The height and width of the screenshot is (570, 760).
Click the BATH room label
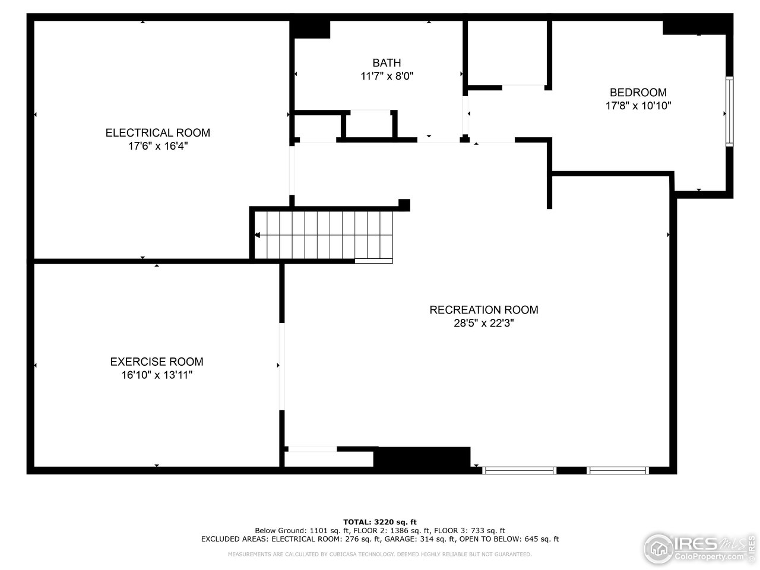[x=387, y=62]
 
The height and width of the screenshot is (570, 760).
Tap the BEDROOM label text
[x=638, y=92]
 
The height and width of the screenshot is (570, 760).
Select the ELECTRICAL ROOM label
[x=157, y=132]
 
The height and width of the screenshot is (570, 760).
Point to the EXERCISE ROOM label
[x=157, y=362]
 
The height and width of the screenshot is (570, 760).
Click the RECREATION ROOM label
[x=483, y=309]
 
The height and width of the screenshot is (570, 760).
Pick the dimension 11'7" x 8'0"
[x=387, y=76]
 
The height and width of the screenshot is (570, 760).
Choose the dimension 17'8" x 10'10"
[x=638, y=106]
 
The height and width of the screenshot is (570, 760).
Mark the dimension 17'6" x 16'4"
[x=157, y=146]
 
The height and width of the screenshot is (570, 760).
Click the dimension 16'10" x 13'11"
[x=157, y=375]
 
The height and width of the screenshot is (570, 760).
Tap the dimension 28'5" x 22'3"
[x=483, y=323]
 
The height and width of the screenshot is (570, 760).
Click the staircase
[x=324, y=235]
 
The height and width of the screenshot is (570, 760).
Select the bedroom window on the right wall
[x=730, y=111]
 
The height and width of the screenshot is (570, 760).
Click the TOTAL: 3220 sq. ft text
[x=384, y=522]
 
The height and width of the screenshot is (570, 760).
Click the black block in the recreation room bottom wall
[x=422, y=458]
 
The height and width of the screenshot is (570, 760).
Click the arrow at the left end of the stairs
[x=257, y=236]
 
